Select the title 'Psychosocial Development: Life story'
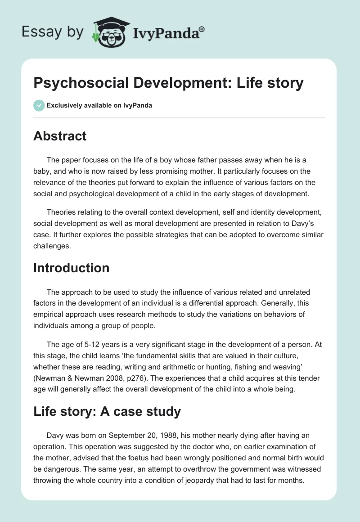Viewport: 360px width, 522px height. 168,83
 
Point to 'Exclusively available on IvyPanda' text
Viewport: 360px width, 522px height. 99,105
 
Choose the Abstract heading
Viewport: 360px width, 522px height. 60,136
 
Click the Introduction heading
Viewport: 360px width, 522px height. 71,268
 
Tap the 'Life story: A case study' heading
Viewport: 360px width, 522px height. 107,411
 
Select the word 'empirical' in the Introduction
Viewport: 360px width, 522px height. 50,302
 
